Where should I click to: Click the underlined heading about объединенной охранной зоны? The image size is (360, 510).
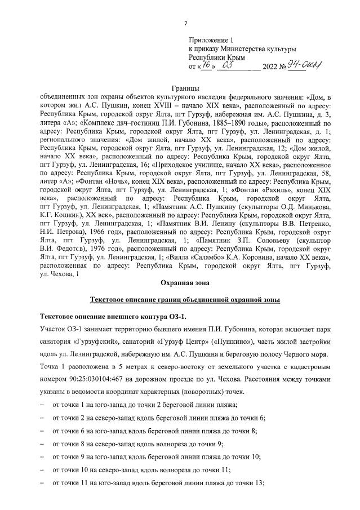pos(185,299)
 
